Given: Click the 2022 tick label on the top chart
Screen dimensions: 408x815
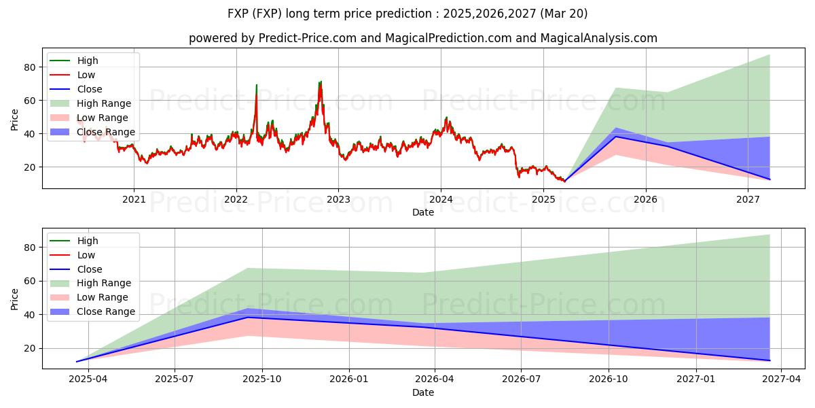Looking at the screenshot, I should coord(236,199).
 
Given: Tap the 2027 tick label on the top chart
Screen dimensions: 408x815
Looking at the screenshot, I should coord(748,199).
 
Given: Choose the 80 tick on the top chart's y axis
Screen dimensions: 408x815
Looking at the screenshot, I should coord(30,67).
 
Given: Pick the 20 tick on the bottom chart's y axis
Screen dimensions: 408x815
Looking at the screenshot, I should coord(30,348).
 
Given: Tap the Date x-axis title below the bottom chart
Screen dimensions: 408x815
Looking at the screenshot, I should coord(423,392).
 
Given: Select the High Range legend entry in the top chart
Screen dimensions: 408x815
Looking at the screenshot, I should coord(104,103).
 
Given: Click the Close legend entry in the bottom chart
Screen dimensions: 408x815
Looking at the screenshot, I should coord(89,269).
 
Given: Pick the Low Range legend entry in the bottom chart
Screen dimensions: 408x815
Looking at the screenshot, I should coord(103,297).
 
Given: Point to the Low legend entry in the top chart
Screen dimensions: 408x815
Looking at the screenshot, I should coord(86,75).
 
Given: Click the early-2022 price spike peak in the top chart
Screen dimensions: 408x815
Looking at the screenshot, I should coord(256,86).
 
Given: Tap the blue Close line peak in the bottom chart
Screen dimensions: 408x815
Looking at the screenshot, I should coord(247,318).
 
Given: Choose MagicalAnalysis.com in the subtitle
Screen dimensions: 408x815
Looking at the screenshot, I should coord(598,38).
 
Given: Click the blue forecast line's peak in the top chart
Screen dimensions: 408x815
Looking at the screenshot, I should coord(615,137).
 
